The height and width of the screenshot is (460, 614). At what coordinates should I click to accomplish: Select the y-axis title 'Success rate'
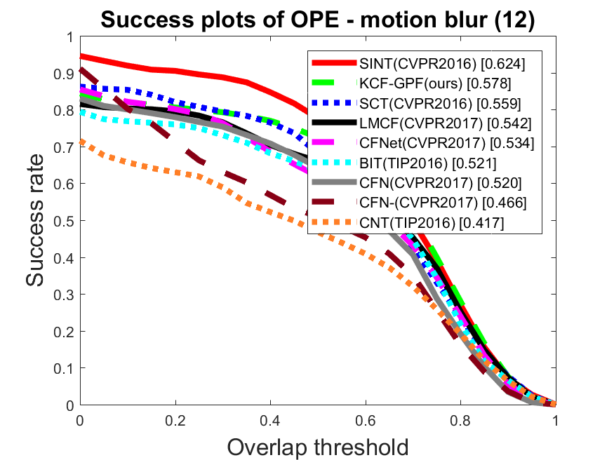34,221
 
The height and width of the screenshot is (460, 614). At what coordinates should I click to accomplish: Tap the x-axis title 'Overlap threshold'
318,447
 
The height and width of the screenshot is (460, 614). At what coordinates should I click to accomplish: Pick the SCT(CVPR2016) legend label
440,103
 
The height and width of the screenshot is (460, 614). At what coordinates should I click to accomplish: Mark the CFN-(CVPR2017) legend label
443,203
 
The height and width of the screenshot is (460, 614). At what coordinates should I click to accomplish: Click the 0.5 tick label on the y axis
64,221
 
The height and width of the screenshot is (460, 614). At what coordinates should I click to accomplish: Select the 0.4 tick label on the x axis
270,421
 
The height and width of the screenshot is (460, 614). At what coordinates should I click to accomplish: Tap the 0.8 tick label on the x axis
460,421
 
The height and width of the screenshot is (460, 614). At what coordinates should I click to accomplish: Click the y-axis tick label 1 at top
70,37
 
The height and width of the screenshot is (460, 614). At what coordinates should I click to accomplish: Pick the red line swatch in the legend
334,62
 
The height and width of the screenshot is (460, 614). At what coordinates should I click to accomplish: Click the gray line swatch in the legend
334,182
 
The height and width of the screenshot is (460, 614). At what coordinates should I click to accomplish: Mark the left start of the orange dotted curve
81,141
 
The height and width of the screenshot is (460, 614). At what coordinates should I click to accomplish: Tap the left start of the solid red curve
81,57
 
